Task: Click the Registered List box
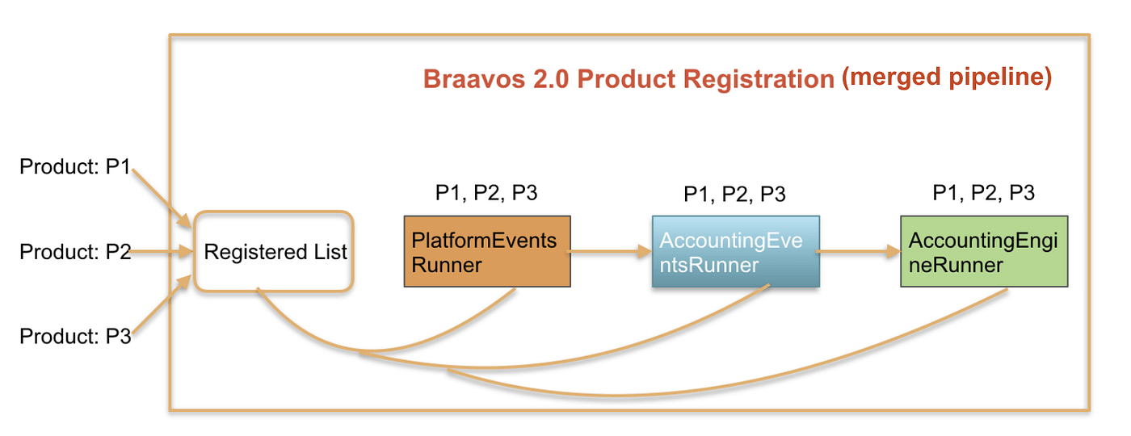pos(275,252)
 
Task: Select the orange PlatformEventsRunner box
pos(487,251)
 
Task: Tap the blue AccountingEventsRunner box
pos(735,251)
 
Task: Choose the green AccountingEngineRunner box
pos(984,251)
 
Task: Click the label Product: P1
pos(74,167)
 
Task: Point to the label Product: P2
pos(74,252)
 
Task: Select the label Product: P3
pos(74,335)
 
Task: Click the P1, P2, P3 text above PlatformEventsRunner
pos(486,193)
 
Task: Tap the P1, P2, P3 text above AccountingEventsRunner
pos(734,194)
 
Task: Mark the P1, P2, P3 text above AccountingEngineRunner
pos(983,193)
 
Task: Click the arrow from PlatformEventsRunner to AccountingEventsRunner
pos(611,252)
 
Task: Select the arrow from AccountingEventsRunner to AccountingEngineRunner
pos(859,252)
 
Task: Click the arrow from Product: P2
pos(162,252)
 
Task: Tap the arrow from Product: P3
pos(162,307)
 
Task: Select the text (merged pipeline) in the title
pos(946,78)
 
